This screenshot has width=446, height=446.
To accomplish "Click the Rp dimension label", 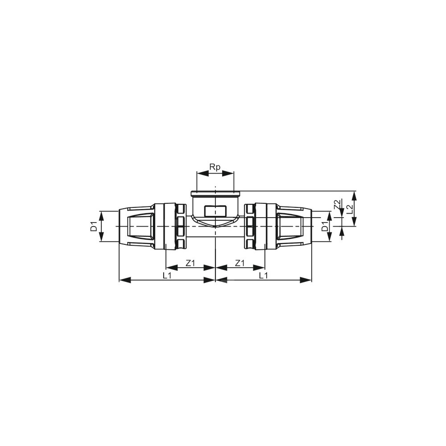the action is pyautogui.click(x=215, y=167).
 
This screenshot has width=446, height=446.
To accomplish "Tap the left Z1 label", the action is pyautogui.click(x=190, y=264).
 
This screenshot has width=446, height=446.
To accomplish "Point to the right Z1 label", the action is pyautogui.click(x=240, y=264).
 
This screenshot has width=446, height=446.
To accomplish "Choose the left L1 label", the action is pyautogui.click(x=167, y=275).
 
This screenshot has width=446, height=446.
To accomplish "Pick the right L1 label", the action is pyautogui.click(x=264, y=275).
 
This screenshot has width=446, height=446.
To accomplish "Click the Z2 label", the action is pyautogui.click(x=337, y=205).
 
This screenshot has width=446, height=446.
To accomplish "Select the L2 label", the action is pyautogui.click(x=350, y=210).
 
